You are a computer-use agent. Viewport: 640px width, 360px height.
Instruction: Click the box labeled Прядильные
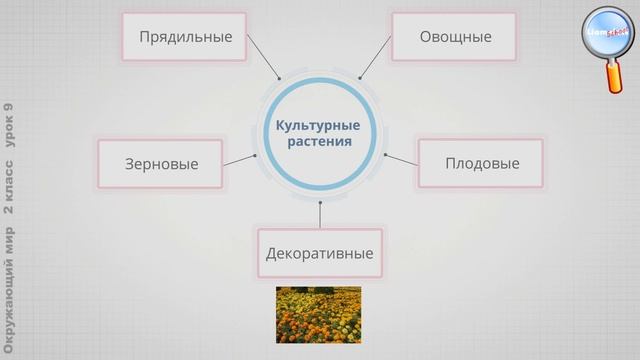click(x=185, y=37)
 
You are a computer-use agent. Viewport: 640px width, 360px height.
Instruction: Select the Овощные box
click(x=455, y=37)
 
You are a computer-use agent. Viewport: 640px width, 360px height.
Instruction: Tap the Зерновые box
click(x=161, y=164)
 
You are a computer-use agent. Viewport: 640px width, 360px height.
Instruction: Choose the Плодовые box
click(x=482, y=163)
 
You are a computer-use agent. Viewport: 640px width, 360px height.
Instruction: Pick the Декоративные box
click(x=319, y=253)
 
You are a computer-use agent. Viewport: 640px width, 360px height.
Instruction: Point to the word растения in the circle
click(x=319, y=142)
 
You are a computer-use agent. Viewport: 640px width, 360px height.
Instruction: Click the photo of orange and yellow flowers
click(x=318, y=315)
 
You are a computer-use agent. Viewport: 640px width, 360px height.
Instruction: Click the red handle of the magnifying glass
click(x=613, y=79)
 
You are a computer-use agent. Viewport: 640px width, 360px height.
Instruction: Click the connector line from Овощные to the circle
click(x=375, y=58)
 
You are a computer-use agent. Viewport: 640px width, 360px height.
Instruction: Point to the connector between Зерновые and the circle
click(x=240, y=160)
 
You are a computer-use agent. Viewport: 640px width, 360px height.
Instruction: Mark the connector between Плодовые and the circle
click(x=401, y=160)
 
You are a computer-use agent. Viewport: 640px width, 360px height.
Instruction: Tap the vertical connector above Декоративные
click(x=320, y=214)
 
